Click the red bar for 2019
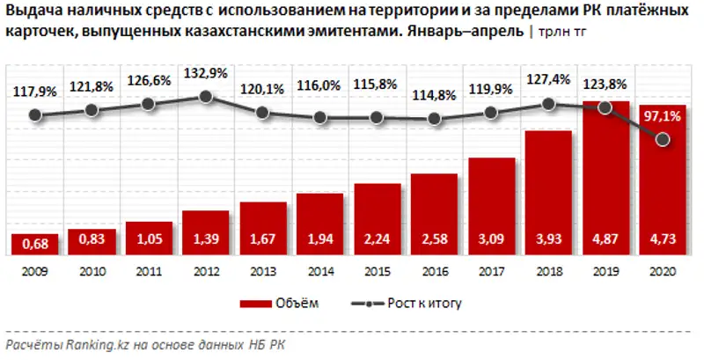605,176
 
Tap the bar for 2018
548,194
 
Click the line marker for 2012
206,97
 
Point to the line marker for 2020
663,140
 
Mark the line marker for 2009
35,114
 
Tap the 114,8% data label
434,95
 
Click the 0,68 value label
35,241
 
